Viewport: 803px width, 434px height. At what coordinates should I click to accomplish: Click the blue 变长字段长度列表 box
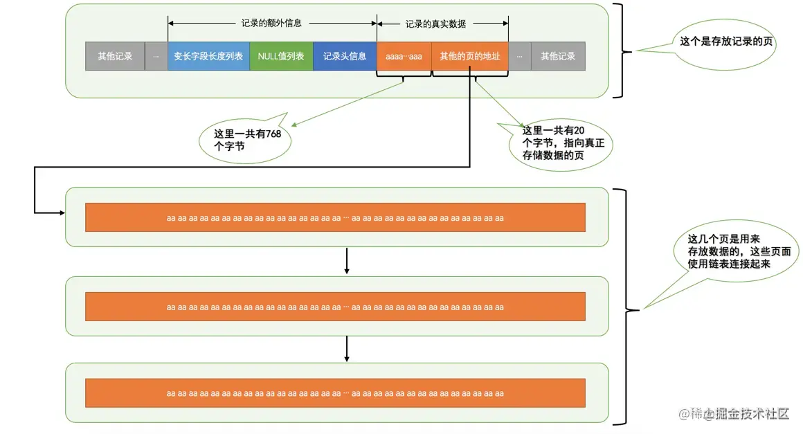click(x=208, y=56)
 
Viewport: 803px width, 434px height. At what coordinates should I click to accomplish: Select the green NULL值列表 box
click(x=281, y=56)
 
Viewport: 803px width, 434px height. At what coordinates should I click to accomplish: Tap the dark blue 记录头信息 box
click(x=345, y=56)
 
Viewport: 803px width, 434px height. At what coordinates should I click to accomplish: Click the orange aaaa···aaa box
click(x=404, y=56)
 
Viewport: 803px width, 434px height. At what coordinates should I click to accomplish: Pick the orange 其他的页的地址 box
click(x=469, y=56)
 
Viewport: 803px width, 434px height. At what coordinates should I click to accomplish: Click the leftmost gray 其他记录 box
click(x=115, y=56)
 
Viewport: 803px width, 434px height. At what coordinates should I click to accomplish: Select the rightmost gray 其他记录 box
click(x=558, y=56)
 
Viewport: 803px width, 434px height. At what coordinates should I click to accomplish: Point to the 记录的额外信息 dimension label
click(x=271, y=23)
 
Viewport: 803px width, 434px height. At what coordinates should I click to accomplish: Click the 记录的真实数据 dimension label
click(x=435, y=24)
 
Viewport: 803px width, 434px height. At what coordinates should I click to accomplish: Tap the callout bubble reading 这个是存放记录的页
click(x=727, y=41)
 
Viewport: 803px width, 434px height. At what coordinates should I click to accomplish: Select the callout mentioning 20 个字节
click(x=558, y=144)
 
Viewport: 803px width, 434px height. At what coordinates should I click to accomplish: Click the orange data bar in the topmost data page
click(x=335, y=217)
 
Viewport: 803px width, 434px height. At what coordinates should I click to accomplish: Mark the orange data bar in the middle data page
click(x=335, y=306)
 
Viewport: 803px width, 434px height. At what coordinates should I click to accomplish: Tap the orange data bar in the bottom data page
click(x=335, y=392)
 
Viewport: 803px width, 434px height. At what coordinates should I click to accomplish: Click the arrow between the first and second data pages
click(x=346, y=261)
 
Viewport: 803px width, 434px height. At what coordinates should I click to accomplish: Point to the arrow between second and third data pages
click(x=346, y=350)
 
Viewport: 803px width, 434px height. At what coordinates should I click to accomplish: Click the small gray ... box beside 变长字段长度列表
click(x=156, y=56)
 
